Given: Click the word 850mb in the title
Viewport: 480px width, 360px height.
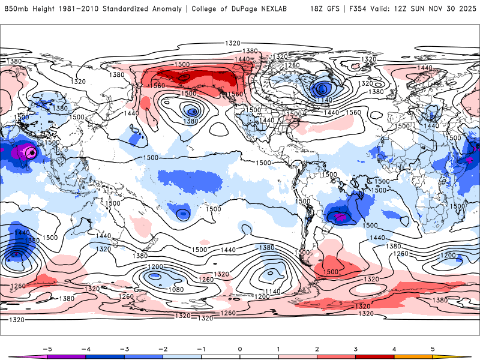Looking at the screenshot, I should [x=16, y=9].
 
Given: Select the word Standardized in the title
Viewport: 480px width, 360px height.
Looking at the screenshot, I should [x=130, y=9].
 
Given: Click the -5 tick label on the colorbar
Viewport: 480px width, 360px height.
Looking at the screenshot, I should [x=46, y=348].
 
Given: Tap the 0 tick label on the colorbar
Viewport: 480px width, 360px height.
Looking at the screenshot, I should [x=240, y=348].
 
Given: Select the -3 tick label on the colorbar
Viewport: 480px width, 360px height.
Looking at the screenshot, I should [x=124, y=348].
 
